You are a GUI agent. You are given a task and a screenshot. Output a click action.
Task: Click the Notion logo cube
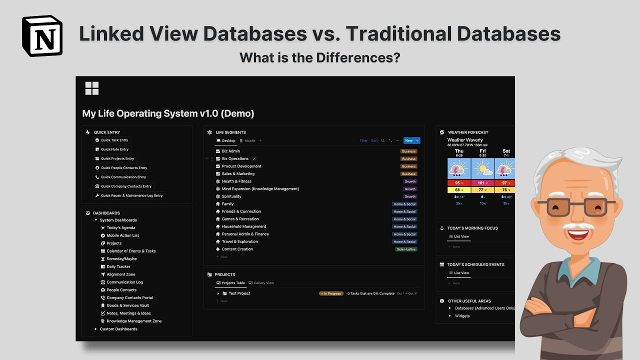point(42,35)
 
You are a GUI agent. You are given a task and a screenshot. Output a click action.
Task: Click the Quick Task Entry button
point(114,140)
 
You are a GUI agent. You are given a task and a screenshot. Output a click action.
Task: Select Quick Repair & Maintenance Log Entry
point(131,195)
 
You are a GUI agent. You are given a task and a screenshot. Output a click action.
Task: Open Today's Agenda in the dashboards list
point(121,228)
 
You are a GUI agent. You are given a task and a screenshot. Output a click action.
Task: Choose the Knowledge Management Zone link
point(134,321)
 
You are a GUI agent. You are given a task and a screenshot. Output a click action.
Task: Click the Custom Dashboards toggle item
point(118,329)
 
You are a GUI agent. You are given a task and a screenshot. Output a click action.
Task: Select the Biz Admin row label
point(230,151)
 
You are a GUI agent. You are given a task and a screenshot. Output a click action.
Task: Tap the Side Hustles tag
point(406,249)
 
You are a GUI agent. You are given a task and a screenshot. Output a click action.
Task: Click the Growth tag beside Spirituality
point(410,196)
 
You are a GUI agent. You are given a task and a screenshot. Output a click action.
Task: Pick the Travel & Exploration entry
point(239,241)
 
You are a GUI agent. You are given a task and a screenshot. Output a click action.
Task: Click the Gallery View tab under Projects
point(263,283)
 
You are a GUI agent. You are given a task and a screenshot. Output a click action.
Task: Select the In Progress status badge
point(331,293)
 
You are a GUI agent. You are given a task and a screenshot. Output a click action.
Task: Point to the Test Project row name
point(239,293)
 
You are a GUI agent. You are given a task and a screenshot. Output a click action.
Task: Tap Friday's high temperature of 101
point(482,183)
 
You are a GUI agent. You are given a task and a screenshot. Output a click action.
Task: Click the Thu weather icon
point(459,169)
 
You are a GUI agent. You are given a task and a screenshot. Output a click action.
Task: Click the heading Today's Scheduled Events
point(475,264)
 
